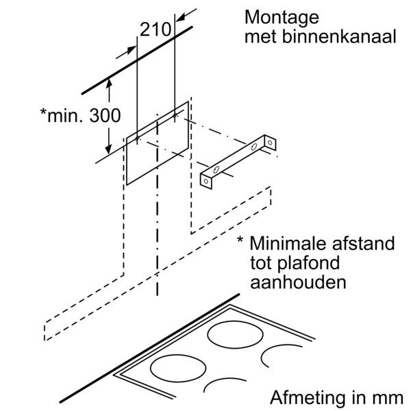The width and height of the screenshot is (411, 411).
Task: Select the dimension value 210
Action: tap(155, 29)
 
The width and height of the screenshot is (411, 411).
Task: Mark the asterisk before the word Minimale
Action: tap(240, 242)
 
